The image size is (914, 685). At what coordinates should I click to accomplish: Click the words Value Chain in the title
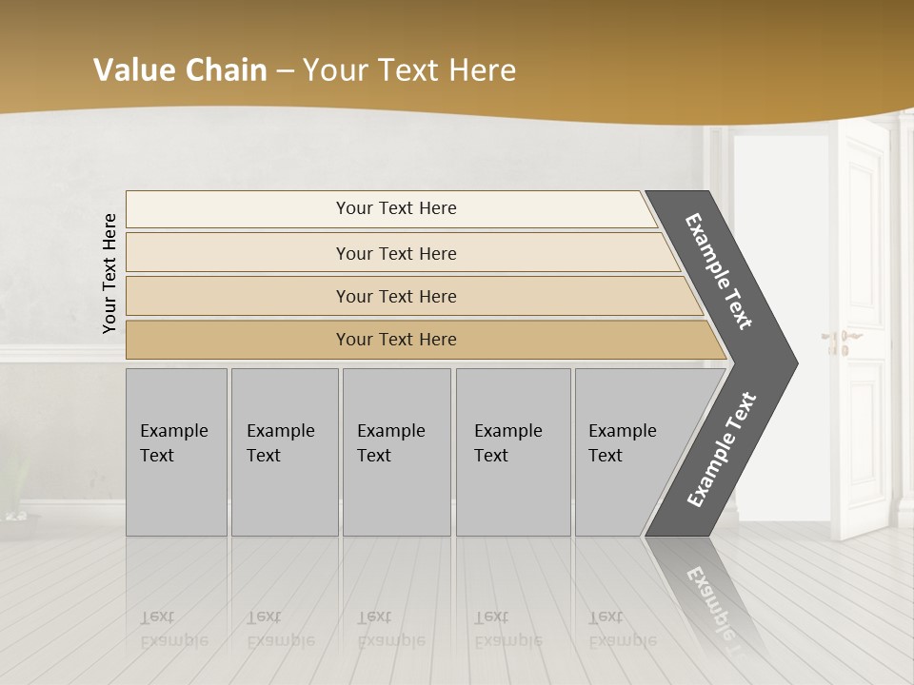[x=180, y=69]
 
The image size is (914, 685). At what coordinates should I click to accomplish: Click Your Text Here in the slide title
[x=409, y=69]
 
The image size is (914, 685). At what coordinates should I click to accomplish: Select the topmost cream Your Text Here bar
[x=396, y=208]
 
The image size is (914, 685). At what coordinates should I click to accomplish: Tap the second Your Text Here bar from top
[x=396, y=253]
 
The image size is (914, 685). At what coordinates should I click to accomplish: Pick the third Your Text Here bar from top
[x=396, y=296]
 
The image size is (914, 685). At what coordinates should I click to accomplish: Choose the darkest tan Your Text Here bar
[x=396, y=340]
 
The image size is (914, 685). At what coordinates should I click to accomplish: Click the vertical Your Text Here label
[x=109, y=273]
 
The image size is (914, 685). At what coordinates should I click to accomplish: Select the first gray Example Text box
[x=176, y=451]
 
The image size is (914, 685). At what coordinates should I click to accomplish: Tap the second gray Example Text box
[x=284, y=451]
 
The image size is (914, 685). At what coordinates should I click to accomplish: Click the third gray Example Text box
[x=395, y=451]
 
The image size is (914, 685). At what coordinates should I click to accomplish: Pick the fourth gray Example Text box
[x=512, y=451]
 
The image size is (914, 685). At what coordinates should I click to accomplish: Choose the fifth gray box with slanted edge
[x=628, y=451]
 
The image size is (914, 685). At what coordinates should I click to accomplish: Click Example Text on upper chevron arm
[x=719, y=271]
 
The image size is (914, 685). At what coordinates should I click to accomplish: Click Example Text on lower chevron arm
[x=721, y=450]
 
